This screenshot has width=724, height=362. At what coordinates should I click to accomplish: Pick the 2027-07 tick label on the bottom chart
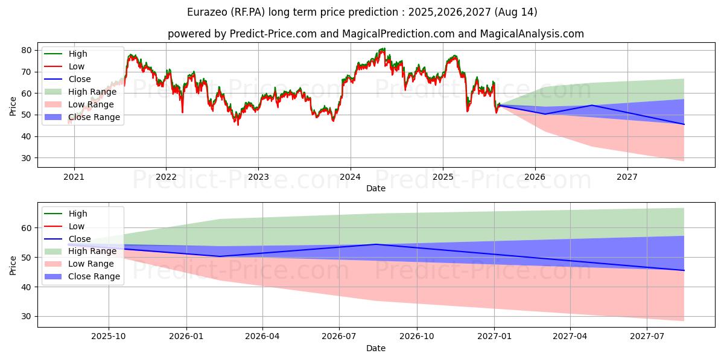point(647,337)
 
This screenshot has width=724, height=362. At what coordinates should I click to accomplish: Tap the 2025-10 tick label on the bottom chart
point(109,337)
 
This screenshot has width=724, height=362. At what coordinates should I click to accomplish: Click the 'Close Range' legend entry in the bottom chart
point(94,276)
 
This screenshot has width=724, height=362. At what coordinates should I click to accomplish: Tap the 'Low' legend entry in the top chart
point(77,66)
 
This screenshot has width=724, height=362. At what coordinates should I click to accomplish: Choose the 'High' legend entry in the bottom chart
point(78,214)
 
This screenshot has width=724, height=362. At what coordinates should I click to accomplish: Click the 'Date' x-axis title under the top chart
point(376,188)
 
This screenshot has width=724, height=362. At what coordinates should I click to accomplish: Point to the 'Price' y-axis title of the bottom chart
point(13,264)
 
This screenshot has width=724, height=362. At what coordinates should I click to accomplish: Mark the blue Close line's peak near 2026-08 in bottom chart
point(376,244)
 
